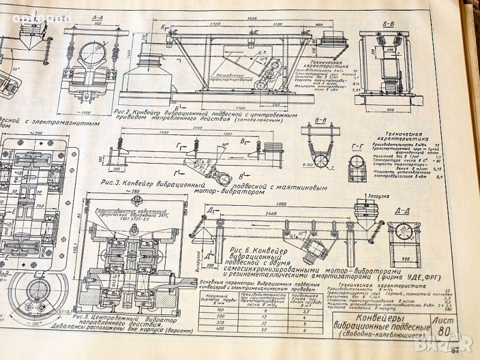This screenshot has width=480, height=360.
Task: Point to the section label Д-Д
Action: (x=403, y=212)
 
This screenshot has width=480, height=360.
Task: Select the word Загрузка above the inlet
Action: (x=365, y=194)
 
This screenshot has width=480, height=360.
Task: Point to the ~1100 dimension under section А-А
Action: (x=84, y=112)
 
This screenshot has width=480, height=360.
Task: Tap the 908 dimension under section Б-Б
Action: (x=390, y=110)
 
